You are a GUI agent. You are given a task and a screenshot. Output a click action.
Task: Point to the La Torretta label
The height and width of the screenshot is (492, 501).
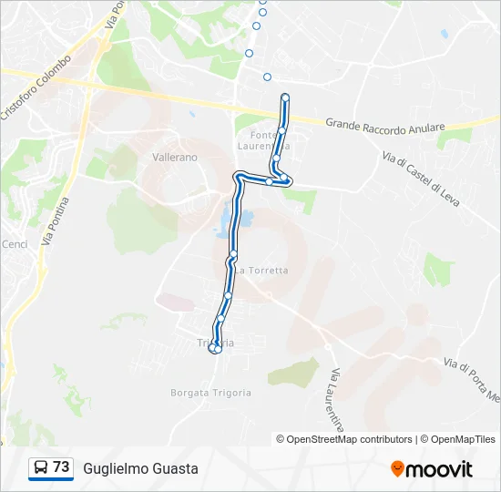pyautogui.click(x=262, y=271)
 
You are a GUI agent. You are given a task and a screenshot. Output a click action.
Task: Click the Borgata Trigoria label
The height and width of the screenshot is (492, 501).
pyautogui.click(x=210, y=393)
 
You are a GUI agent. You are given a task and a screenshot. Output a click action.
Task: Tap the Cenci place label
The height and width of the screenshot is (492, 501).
pyautogui.click(x=15, y=244)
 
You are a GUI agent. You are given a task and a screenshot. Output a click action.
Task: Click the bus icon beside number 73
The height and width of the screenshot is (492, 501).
pyautogui.click(x=40, y=468)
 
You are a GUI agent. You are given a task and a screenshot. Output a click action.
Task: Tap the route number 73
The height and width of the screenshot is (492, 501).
pyautogui.click(x=61, y=467)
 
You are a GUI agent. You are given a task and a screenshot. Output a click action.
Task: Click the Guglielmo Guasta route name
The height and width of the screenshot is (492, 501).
pyautogui.click(x=140, y=468)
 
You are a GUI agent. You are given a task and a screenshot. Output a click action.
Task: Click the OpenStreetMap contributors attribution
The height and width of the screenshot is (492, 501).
pyautogui.click(x=350, y=439)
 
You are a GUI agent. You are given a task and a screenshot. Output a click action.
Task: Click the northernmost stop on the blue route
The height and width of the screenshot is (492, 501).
pyautogui.click(x=285, y=97)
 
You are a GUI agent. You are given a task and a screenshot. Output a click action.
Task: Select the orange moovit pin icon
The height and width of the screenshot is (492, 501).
pyautogui.click(x=397, y=469)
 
